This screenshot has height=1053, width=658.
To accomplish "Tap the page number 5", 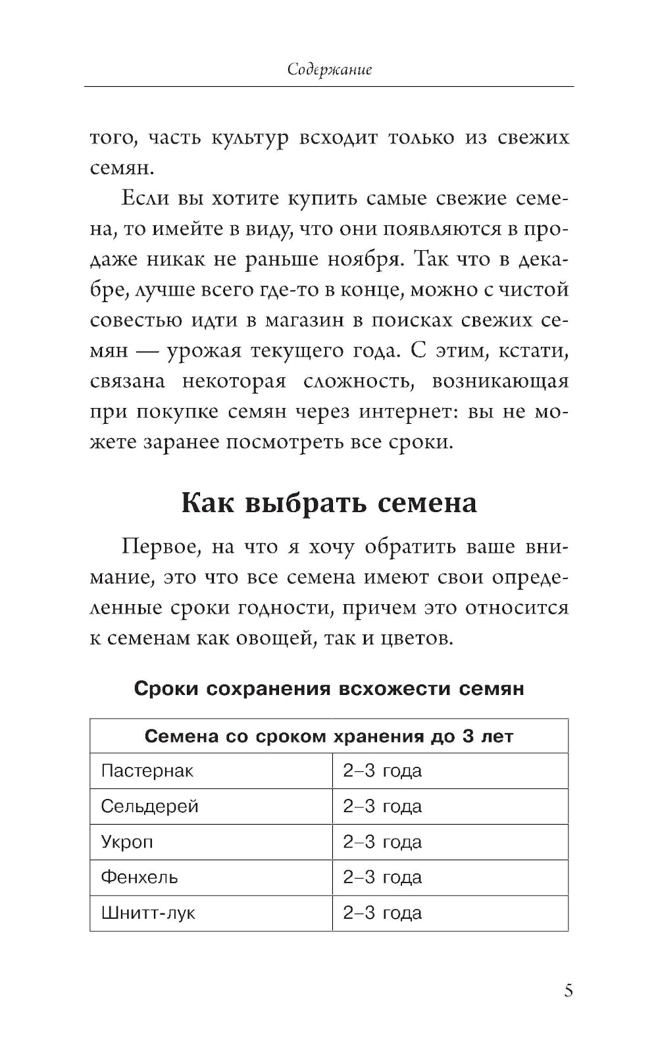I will [x=569, y=990].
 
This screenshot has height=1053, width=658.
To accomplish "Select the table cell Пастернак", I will [x=147, y=771].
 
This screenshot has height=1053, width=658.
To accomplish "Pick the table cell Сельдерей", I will [x=150, y=806].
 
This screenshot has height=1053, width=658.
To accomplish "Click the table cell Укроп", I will [x=127, y=842].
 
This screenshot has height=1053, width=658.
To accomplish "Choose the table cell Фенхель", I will [x=139, y=877].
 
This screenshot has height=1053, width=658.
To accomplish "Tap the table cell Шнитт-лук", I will [x=148, y=913].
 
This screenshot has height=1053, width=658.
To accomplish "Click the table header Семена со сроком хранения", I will [x=328, y=736].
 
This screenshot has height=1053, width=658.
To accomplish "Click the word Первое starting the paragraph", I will [x=155, y=548].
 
